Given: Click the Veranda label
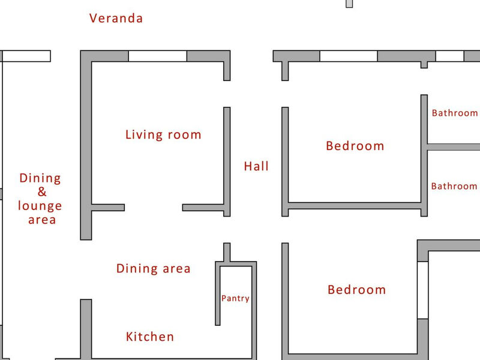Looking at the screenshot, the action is coord(116,19).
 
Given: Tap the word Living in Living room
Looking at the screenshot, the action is coord(144,135).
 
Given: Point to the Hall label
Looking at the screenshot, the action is coord(256,166).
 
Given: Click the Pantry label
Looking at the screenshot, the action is coord(235,298).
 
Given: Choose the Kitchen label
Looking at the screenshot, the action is coord(150,337).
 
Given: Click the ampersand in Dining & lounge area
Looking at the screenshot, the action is coord(42,192).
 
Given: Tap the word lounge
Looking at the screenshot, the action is coord(40,206).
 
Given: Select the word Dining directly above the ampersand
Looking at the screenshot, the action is coord(40,178).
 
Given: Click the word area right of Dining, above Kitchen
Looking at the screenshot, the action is coord(176,269).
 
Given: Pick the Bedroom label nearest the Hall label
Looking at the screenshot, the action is coord(355,146).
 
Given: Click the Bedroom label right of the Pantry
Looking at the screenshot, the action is coord(356,290).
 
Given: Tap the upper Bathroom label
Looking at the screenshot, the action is coord(455,113).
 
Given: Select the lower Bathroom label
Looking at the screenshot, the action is coord(454,186).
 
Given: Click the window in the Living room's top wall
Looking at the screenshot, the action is coord(158,56).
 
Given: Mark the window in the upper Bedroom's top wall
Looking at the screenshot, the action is coord(349,56).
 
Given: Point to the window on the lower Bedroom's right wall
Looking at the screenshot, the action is coord(423,290).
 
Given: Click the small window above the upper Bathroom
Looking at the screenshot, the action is coord(449,56).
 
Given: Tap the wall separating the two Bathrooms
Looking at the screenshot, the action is coord(454,147).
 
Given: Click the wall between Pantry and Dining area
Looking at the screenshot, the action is coord(218,294).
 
